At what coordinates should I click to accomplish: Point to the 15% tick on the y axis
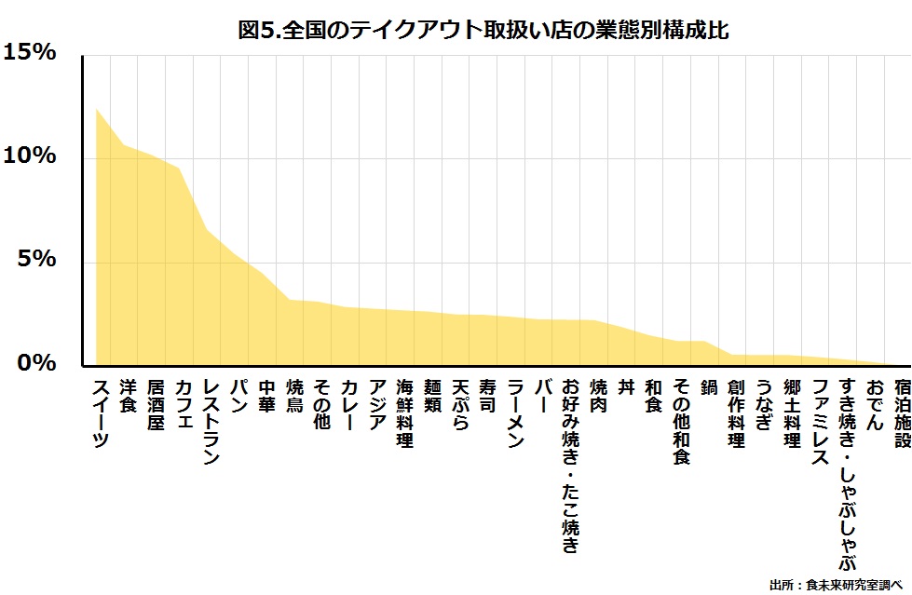(30, 53)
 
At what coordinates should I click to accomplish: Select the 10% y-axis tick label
(30, 156)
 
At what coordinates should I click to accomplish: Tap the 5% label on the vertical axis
(37, 259)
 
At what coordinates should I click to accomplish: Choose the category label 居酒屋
(157, 404)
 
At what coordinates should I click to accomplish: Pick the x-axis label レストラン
(211, 421)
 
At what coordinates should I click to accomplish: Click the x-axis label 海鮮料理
(405, 412)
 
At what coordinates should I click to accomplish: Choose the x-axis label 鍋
(709, 386)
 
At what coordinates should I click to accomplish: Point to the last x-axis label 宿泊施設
(902, 412)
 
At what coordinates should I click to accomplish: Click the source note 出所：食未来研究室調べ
(837, 585)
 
